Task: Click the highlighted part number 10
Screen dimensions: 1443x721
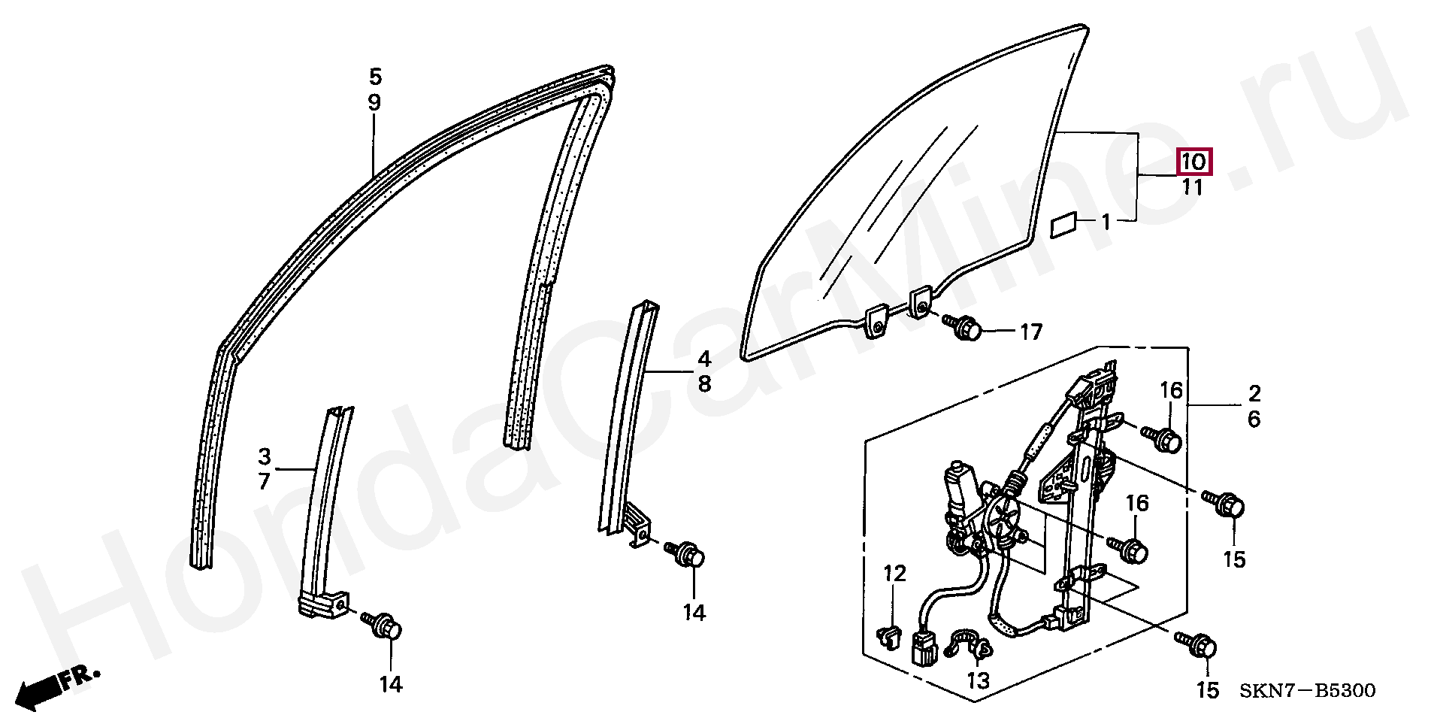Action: tap(1193, 162)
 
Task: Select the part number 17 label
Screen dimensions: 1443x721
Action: tap(1031, 332)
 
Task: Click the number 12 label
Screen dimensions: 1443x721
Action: tap(894, 574)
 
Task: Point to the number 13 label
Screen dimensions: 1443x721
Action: tap(978, 680)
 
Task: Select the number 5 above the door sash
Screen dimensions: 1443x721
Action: tap(375, 77)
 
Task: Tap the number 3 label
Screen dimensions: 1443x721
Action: tap(265, 456)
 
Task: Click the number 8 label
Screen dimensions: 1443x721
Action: tap(704, 384)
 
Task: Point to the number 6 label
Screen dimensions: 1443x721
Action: tap(1254, 420)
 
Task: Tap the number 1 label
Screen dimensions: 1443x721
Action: tap(1106, 223)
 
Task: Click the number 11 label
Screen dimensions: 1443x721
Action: tap(1193, 187)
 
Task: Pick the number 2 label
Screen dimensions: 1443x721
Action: tap(1254, 393)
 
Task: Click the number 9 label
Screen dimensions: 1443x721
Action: tap(375, 102)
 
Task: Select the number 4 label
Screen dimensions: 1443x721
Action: tap(704, 358)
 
